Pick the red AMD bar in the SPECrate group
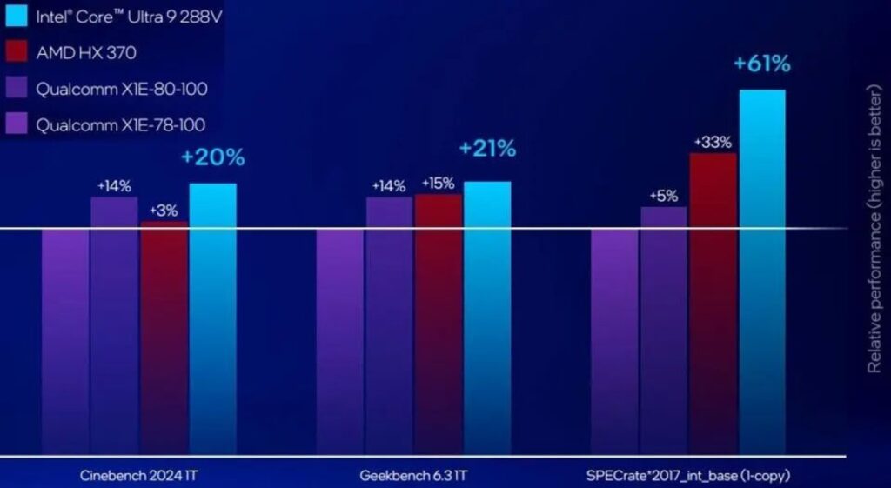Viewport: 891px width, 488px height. pyautogui.click(x=713, y=304)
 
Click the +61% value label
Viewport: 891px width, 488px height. pyautogui.click(x=762, y=64)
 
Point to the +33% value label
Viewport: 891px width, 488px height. pyautogui.click(x=713, y=142)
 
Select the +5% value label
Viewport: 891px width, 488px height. pyautogui.click(x=663, y=195)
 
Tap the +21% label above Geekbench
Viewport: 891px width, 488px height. pyautogui.click(x=488, y=149)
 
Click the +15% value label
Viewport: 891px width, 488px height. pyautogui.click(x=439, y=184)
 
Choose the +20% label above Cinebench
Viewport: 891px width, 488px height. pyautogui.click(x=213, y=157)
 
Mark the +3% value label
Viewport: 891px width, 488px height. pyautogui.click(x=164, y=211)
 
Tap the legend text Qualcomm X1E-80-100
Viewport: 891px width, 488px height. pyautogui.click(x=122, y=89)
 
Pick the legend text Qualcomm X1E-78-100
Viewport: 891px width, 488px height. pyautogui.click(x=121, y=125)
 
